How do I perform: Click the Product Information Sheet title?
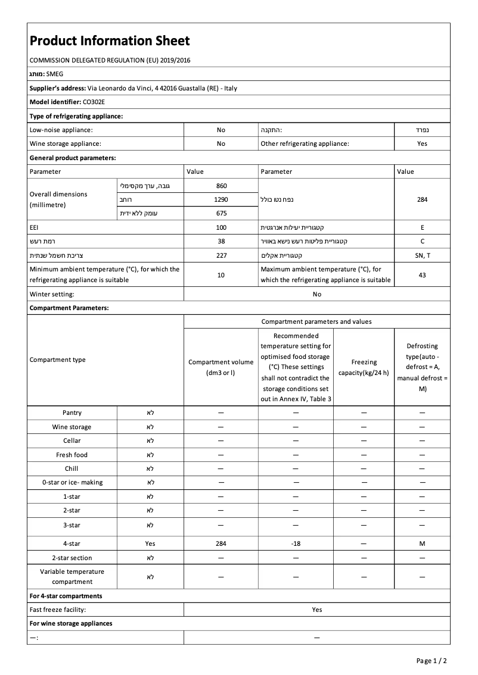pyautogui.click(x=110, y=40)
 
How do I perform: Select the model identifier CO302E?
pyautogui.click(x=94, y=102)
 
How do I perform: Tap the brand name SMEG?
pyautogui.click(x=54, y=74)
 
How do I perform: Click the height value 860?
pyautogui.click(x=221, y=186)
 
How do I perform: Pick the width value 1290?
pyautogui.click(x=221, y=199)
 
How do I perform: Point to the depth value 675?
pyautogui.click(x=221, y=213)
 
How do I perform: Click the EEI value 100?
pyautogui.click(x=221, y=227)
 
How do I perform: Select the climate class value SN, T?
pyautogui.click(x=422, y=255)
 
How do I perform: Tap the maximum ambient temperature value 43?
pyautogui.click(x=422, y=275)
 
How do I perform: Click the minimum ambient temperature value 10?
pyautogui.click(x=221, y=275)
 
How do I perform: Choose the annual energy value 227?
pyautogui.click(x=221, y=255)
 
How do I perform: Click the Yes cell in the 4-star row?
pyautogui.click(x=150, y=543)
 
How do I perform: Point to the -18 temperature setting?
pyautogui.click(x=296, y=543)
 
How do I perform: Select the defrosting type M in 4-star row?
pyautogui.click(x=422, y=543)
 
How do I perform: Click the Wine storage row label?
pyautogui.click(x=72, y=427)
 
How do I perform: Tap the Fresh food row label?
pyautogui.click(x=72, y=455)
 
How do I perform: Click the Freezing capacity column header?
pyautogui.click(x=364, y=367)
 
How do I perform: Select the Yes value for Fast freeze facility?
pyautogui.click(x=316, y=610)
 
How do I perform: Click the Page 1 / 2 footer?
pyautogui.click(x=432, y=661)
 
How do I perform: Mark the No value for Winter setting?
pyautogui.click(x=316, y=294)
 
